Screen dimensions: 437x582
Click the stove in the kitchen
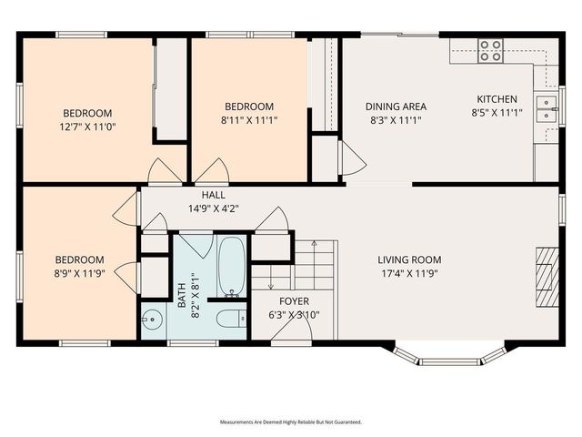(x=491, y=49)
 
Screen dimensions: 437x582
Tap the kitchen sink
(x=546, y=109)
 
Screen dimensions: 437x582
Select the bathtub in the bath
(x=232, y=267)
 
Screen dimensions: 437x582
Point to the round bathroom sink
(x=152, y=320)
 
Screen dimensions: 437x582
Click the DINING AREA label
(x=396, y=106)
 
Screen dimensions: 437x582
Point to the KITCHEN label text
(x=497, y=99)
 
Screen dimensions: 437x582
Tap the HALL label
(x=214, y=195)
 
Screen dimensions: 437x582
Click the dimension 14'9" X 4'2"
(x=214, y=208)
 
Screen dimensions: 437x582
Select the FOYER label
(x=293, y=301)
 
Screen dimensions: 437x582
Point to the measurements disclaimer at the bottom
(x=291, y=422)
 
